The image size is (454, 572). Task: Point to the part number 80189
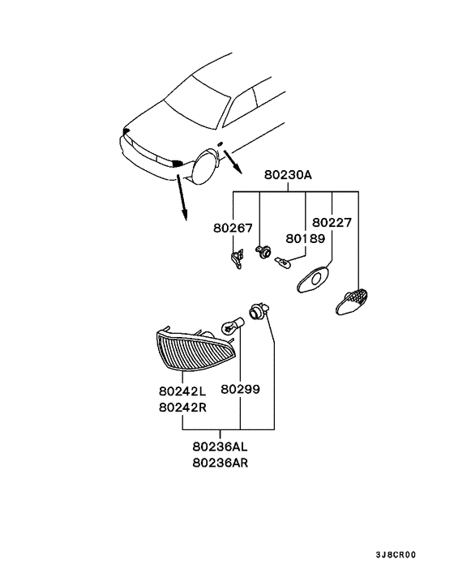pos(305,239)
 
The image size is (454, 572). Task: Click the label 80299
pos(241,390)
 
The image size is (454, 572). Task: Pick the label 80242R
pos(183,407)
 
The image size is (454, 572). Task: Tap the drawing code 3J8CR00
pos(396,555)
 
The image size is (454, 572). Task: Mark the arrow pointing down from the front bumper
pos(182,198)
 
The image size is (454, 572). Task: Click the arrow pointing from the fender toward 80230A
pos(234,163)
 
